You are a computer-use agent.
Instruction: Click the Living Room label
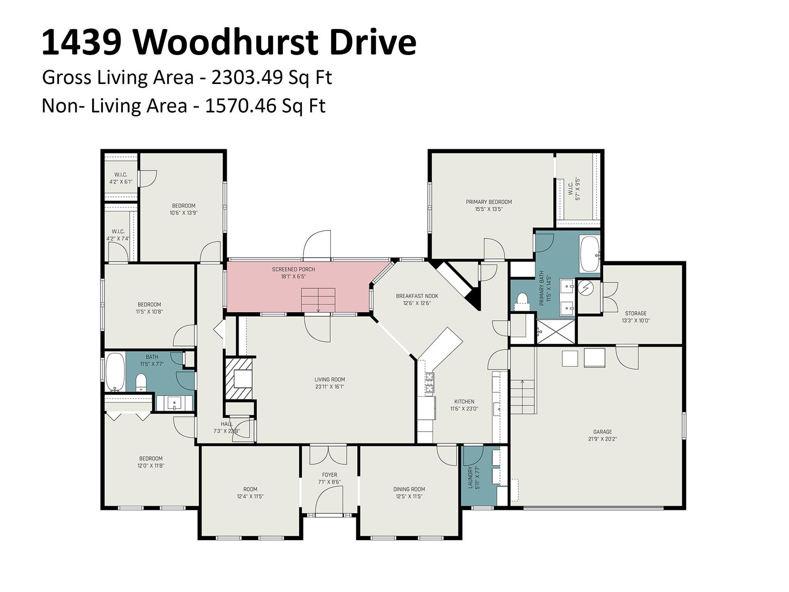click(x=329, y=380)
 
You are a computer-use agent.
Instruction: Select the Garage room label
click(x=603, y=432)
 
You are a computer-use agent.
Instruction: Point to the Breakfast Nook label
click(x=417, y=296)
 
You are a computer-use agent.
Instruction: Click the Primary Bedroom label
click(x=489, y=202)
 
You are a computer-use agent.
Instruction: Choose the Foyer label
click(x=329, y=475)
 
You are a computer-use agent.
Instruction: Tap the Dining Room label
click(x=409, y=489)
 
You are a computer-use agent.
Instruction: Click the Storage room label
click(x=636, y=313)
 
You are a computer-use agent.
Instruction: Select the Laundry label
click(x=470, y=478)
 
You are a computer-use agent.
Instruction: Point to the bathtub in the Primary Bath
click(x=590, y=254)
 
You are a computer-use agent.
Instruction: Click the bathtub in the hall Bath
click(x=115, y=372)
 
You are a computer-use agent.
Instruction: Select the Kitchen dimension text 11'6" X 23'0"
click(x=464, y=409)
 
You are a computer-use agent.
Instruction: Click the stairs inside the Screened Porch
click(x=318, y=300)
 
